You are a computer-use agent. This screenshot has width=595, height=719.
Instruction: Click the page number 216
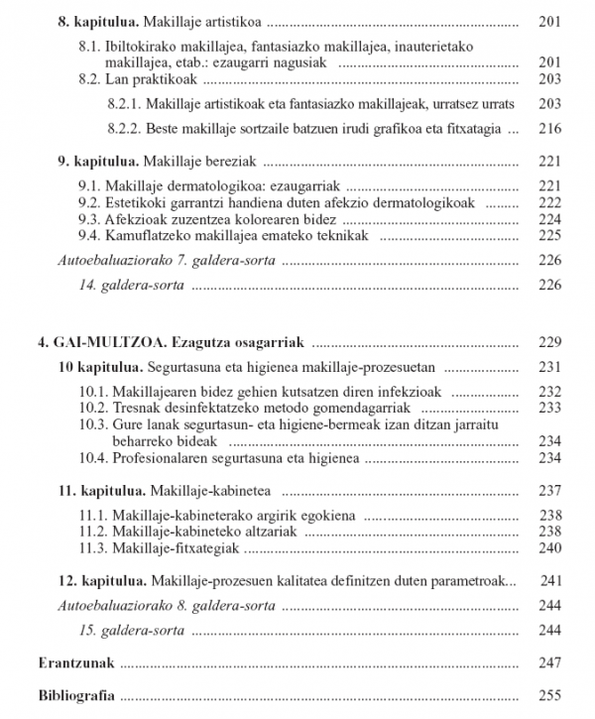click(x=548, y=128)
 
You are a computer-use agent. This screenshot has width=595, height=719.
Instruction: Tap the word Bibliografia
click(x=75, y=695)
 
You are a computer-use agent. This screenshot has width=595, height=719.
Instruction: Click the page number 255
click(x=548, y=695)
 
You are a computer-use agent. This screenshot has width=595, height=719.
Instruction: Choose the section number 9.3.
click(x=89, y=218)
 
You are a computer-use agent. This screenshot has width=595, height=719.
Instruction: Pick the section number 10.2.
click(x=93, y=407)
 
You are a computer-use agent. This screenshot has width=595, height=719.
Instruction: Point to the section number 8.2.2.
click(x=123, y=128)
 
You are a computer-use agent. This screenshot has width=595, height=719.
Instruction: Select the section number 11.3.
click(x=93, y=547)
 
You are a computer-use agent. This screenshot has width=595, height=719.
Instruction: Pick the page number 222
click(x=548, y=201)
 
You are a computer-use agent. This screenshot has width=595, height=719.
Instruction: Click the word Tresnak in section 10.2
click(x=137, y=407)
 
